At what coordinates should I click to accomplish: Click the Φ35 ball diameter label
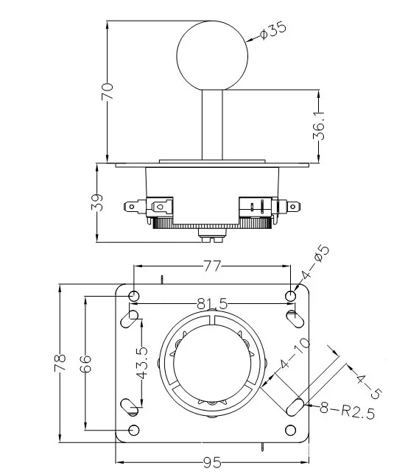click(x=272, y=30)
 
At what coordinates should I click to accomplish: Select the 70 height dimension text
click(x=107, y=91)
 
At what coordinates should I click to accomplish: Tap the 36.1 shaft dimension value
click(x=319, y=126)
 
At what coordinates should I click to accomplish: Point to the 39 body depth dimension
click(x=96, y=202)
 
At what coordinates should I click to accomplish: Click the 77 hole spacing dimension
click(x=212, y=266)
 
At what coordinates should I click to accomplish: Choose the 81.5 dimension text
click(x=212, y=303)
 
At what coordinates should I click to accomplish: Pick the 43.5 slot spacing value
click(x=141, y=363)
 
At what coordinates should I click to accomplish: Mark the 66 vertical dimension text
click(x=85, y=364)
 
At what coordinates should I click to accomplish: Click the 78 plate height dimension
click(x=60, y=362)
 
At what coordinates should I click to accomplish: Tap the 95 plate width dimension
click(x=212, y=462)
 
